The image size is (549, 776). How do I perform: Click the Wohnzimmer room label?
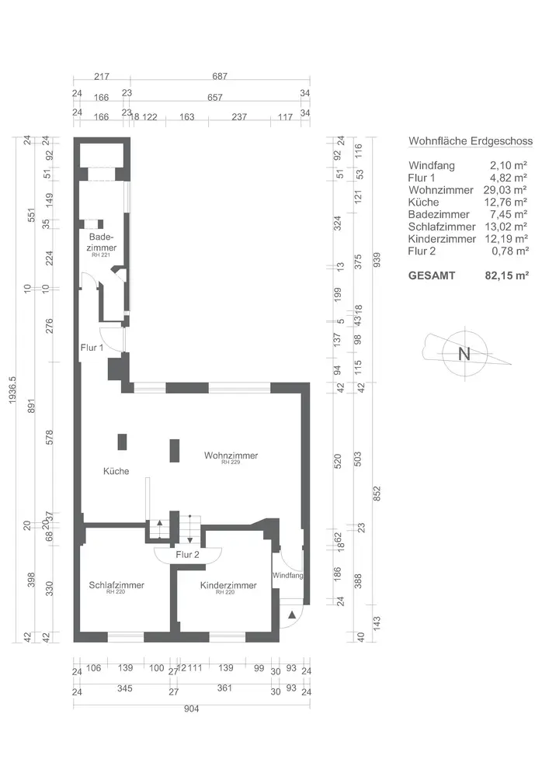tap(231, 456)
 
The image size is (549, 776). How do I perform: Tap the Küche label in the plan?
tap(116, 471)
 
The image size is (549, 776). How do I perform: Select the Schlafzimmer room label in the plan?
tap(116, 586)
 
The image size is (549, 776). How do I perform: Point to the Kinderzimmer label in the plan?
tap(228, 586)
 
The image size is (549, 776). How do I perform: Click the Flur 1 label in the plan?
tap(92, 348)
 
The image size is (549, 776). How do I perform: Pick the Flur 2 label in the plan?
tap(187, 555)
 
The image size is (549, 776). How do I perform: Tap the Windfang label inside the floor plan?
tap(287, 576)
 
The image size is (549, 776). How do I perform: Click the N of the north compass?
tap(464, 354)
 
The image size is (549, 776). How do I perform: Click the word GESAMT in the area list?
tap(432, 275)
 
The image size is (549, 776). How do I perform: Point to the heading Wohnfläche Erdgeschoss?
tap(470, 141)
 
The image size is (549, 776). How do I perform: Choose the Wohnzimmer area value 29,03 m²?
tap(509, 190)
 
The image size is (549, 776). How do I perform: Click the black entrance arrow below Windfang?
tap(292, 615)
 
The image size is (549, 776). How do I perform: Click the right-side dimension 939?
tap(377, 259)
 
